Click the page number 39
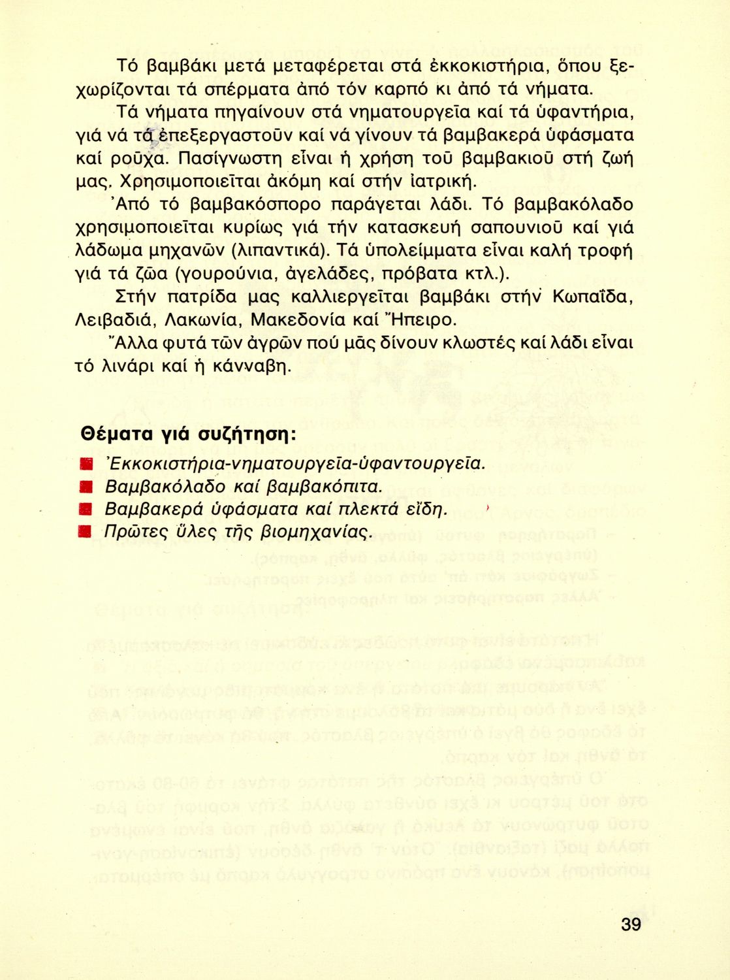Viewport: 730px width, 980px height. pyautogui.click(x=631, y=924)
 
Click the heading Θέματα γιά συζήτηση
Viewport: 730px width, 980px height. pyautogui.click(x=188, y=434)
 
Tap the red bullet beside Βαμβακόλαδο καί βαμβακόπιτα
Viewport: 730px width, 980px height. pyautogui.click(x=84, y=487)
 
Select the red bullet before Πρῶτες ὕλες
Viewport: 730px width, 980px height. pyautogui.click(x=84, y=531)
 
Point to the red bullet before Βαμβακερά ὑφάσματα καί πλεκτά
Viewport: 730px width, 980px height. pyautogui.click(x=84, y=509)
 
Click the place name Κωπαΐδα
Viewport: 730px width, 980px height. pyautogui.click(x=592, y=297)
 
